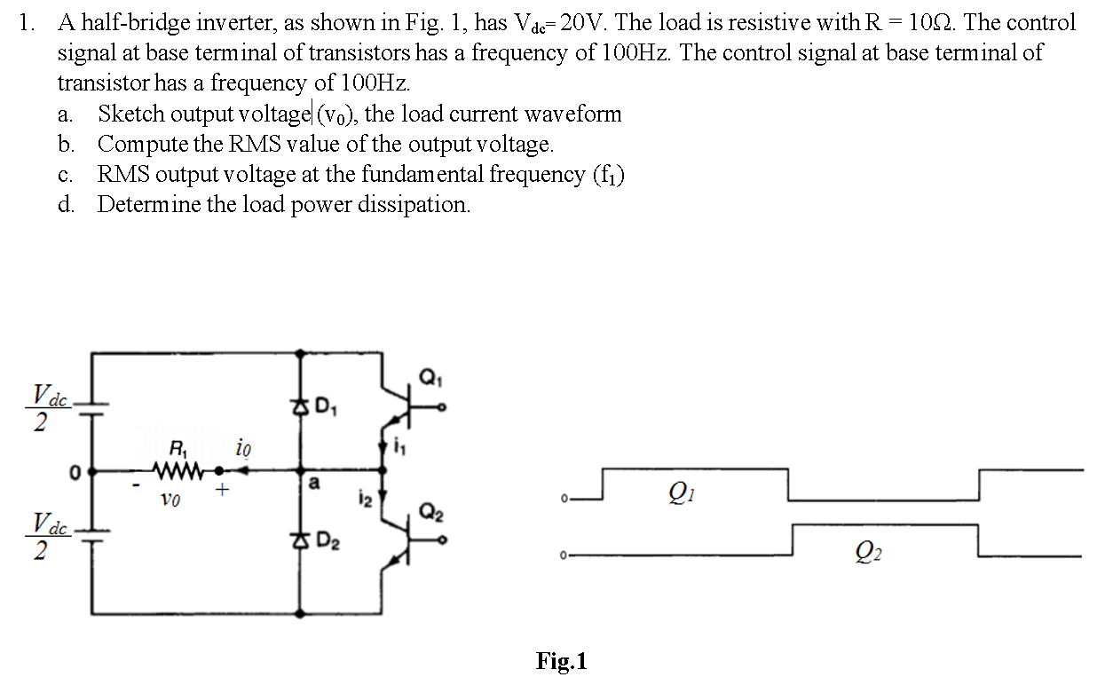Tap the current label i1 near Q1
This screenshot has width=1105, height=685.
pos(397,448)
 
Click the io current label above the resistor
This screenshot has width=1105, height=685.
pos(243,449)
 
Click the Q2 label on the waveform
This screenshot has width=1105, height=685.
pos(869,555)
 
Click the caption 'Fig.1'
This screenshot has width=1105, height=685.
pos(561,661)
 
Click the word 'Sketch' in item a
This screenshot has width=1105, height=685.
pos(131,114)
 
